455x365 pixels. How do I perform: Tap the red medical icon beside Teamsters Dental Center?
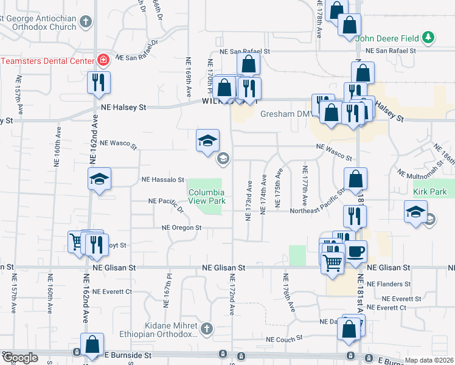point(103,60)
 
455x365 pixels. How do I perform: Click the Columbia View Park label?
point(207,195)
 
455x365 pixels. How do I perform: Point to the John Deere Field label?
point(387,38)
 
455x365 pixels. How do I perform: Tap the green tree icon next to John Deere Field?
point(429,38)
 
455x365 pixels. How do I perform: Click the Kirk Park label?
point(429,192)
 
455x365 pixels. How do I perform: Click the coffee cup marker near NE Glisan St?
point(356,251)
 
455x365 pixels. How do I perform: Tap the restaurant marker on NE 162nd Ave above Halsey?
point(99,82)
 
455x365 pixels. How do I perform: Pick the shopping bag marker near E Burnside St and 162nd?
point(92,344)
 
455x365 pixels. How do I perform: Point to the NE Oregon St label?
point(181,228)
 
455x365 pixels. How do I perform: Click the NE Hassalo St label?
point(163,180)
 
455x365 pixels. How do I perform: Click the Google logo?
point(21,358)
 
